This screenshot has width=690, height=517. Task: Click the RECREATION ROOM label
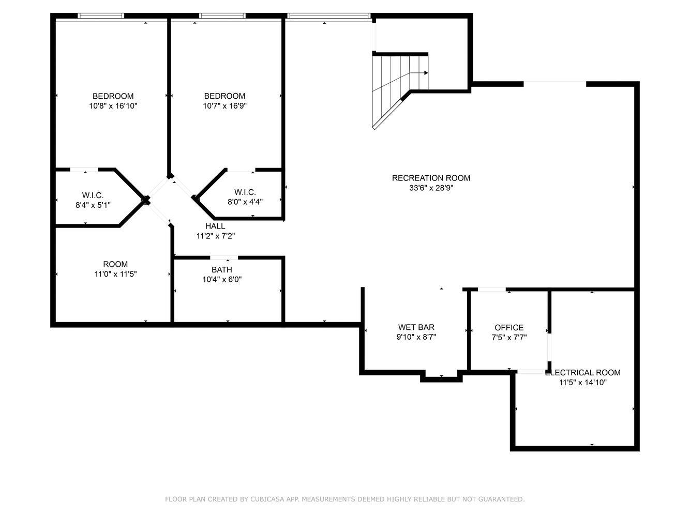coord(431,178)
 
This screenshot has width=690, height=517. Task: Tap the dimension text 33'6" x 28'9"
coord(431,188)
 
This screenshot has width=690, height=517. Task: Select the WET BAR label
coord(416,327)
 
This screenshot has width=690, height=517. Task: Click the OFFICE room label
coord(509,328)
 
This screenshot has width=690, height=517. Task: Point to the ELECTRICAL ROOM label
coord(583,373)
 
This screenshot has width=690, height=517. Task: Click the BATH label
coord(222,269)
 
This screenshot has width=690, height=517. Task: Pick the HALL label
coord(215,226)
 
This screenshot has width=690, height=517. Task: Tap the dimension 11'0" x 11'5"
coord(116,274)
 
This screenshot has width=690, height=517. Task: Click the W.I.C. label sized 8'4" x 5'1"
coord(93,195)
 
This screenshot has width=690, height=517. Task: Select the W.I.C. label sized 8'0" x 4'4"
coord(245,192)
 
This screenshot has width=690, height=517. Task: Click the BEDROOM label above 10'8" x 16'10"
coord(113,96)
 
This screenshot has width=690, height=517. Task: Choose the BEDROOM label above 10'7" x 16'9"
coord(225,96)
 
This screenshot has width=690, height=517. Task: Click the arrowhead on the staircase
coord(426,73)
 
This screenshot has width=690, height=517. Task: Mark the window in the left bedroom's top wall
coord(101,16)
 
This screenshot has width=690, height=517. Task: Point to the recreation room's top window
coord(328,16)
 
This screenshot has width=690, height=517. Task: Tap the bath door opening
coord(224,258)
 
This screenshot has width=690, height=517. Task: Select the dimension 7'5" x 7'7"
coord(509,337)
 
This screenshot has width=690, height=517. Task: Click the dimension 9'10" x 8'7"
coord(416,337)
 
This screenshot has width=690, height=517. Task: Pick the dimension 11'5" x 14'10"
coord(583,382)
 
